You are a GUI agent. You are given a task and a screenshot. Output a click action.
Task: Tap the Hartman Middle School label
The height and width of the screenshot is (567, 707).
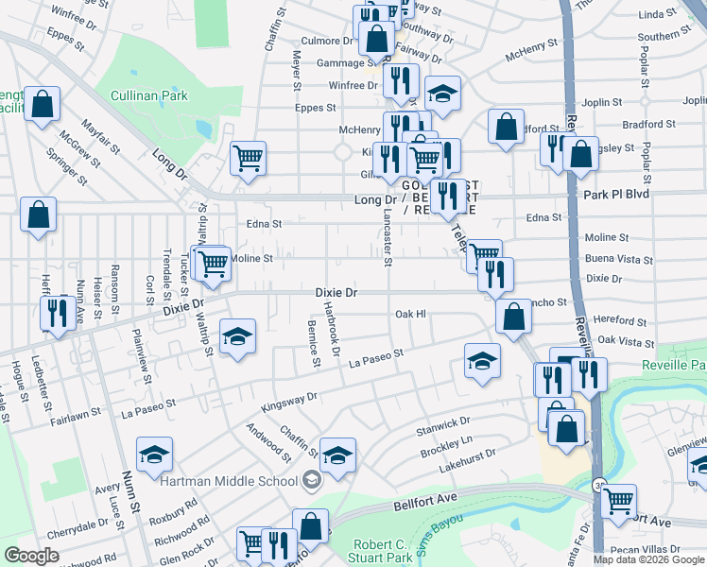[229, 481]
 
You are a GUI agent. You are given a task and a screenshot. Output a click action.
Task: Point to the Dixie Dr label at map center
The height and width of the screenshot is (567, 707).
[336, 293]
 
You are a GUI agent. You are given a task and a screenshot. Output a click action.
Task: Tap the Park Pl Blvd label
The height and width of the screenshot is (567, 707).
[620, 195]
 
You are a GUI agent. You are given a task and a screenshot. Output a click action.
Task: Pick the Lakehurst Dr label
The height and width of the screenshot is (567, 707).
[468, 458]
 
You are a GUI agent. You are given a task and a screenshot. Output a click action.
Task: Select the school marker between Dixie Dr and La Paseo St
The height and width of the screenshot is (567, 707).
[237, 335]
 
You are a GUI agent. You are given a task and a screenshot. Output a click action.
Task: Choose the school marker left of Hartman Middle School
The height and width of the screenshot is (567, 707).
[154, 455]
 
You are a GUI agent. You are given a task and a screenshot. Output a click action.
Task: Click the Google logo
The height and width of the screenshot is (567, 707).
[32, 555]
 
